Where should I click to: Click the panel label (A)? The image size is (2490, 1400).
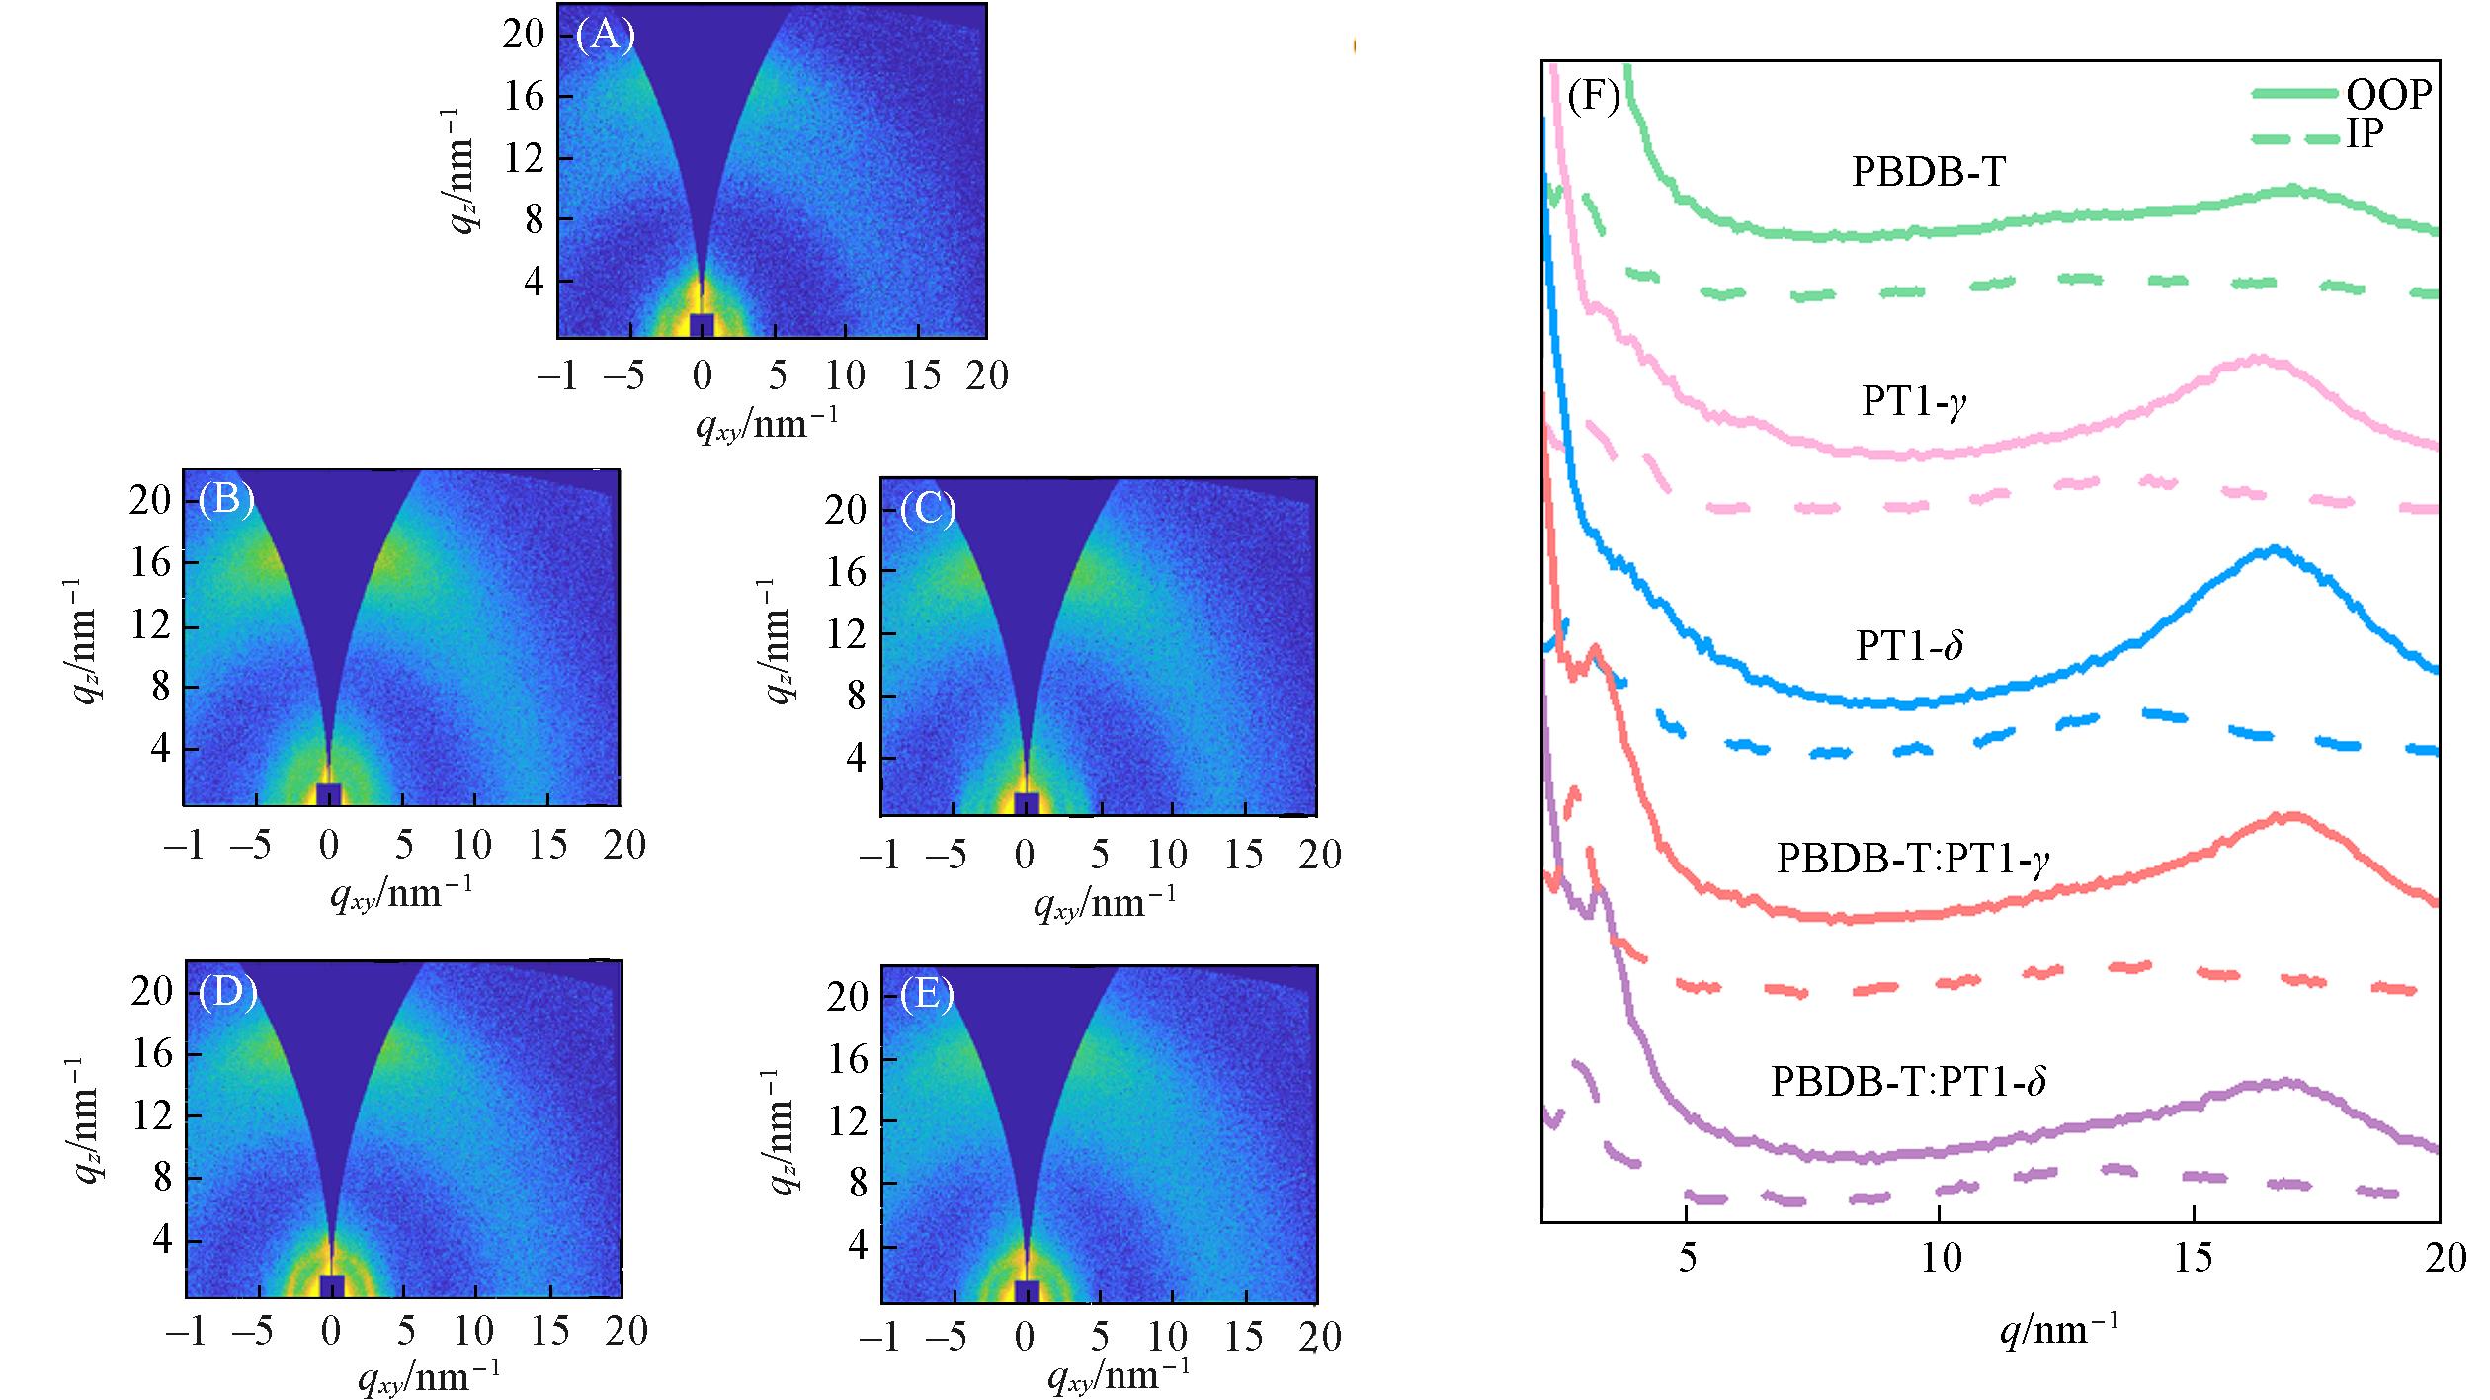click(605, 36)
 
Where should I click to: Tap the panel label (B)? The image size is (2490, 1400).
click(225, 501)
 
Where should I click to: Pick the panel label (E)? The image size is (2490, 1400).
click(926, 996)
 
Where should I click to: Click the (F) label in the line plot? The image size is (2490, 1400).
click(1593, 97)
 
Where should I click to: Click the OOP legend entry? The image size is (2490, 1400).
click(2387, 94)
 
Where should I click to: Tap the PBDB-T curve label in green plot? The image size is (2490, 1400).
click(1928, 173)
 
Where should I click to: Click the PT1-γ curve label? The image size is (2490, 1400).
click(1913, 402)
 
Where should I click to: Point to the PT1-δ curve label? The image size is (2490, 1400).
click(1909, 645)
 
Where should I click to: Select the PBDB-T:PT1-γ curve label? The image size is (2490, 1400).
click(1913, 859)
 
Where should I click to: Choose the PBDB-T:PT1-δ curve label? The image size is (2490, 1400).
click(1908, 1081)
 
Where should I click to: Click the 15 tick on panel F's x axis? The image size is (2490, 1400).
click(2193, 1259)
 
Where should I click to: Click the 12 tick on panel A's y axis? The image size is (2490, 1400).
click(523, 158)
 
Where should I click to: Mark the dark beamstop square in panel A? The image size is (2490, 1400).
click(702, 325)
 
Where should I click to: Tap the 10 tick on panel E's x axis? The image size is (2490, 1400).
click(1169, 1337)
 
